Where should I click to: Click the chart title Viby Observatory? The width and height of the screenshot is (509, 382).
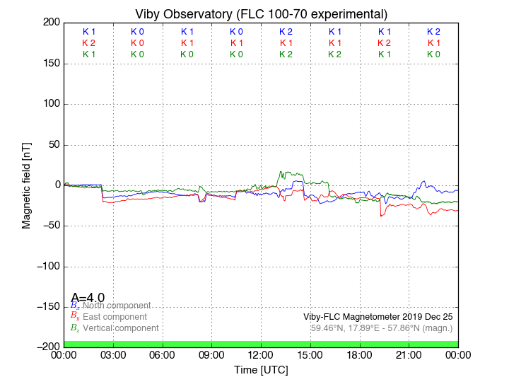pyautogui.click(x=262, y=13)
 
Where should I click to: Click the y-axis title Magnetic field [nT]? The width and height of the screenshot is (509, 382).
pyautogui.click(x=26, y=184)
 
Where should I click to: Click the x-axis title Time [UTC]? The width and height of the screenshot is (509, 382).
pyautogui.click(x=262, y=370)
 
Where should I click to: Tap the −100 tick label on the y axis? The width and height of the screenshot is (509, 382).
pyautogui.click(x=47, y=267)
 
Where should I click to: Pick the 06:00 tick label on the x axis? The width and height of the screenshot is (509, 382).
pyautogui.click(x=163, y=354)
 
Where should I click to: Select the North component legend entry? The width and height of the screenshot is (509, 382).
pyautogui.click(x=117, y=306)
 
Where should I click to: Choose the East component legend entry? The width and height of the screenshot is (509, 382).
pyautogui.click(x=115, y=317)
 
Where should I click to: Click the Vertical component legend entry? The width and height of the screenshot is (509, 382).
pyautogui.click(x=120, y=328)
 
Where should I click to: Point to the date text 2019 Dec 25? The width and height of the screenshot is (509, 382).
pyautogui.click(x=428, y=316)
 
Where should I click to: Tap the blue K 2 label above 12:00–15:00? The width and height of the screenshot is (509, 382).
pyautogui.click(x=286, y=32)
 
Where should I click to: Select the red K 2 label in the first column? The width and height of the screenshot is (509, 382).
pyautogui.click(x=88, y=43)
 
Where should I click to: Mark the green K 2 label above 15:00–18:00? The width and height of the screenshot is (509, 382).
pyautogui.click(x=335, y=54)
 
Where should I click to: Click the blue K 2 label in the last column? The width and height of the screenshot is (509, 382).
pyautogui.click(x=433, y=32)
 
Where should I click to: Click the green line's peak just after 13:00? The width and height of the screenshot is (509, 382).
pyautogui.click(x=281, y=171)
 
